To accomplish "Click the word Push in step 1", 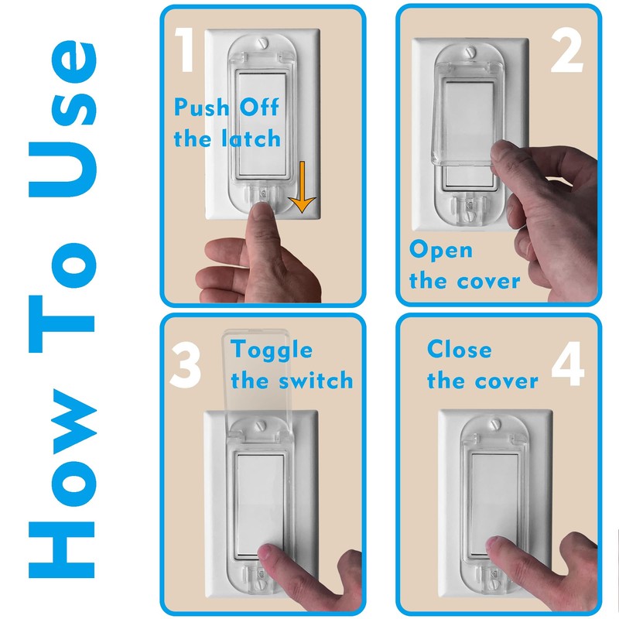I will point(200,107).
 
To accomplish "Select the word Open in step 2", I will point(441,250).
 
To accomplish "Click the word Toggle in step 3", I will point(272,350).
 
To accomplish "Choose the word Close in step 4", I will point(459,350).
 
